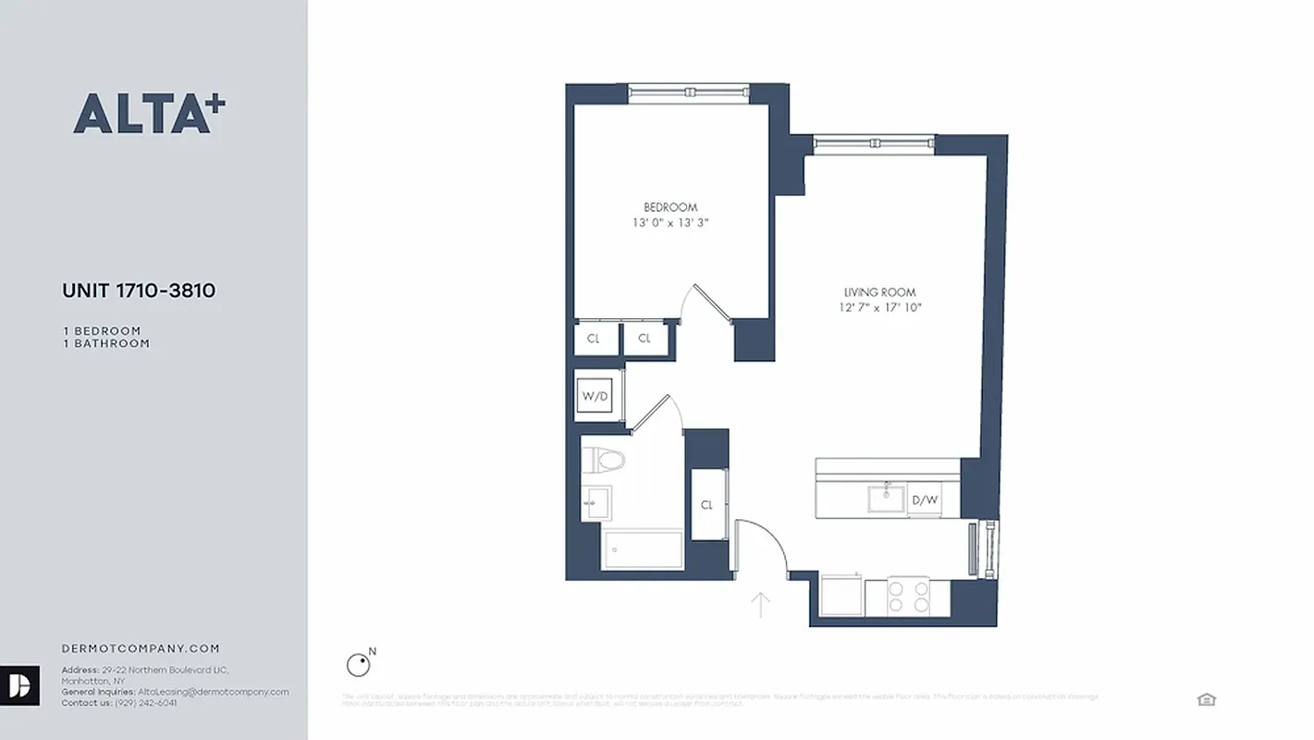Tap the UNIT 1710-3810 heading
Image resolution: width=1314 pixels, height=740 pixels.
[x=139, y=290]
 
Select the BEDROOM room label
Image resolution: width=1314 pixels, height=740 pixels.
[x=670, y=207]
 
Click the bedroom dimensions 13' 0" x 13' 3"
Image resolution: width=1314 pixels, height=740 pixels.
[x=670, y=223]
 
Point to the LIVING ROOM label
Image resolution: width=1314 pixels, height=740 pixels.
[x=879, y=292]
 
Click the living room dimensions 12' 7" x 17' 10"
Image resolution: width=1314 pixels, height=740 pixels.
[x=879, y=308]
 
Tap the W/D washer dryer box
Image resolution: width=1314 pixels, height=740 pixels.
[x=596, y=397]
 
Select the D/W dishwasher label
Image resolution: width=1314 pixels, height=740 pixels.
[x=925, y=500]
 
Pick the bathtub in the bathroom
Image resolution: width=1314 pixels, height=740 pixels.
[x=643, y=550]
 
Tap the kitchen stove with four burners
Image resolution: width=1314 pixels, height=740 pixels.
[x=908, y=597]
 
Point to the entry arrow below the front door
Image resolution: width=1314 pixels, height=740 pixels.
[x=760, y=605]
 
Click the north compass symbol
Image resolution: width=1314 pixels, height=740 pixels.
[x=358, y=664]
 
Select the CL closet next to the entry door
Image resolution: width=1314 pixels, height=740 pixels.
[x=707, y=505]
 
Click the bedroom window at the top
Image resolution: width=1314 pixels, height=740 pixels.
[x=688, y=92]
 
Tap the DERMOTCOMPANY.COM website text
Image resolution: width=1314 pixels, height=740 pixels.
[x=141, y=649]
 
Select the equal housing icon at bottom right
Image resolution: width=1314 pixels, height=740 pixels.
[x=1206, y=699]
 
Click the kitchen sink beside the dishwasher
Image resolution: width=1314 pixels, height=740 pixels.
[x=887, y=499]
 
